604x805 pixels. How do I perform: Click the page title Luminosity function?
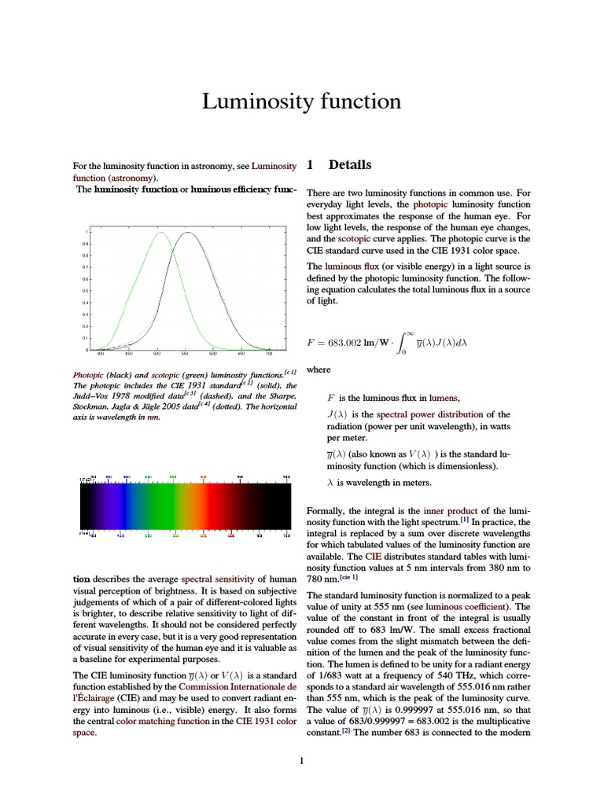(x=302, y=101)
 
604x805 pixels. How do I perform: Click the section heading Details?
(x=349, y=165)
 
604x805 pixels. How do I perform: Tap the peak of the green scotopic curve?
(x=161, y=233)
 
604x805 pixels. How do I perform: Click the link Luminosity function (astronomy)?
(x=184, y=172)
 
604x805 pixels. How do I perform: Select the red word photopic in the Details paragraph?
(x=430, y=203)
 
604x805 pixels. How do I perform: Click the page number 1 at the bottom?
(x=302, y=760)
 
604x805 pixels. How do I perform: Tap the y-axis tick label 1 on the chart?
(x=86, y=233)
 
